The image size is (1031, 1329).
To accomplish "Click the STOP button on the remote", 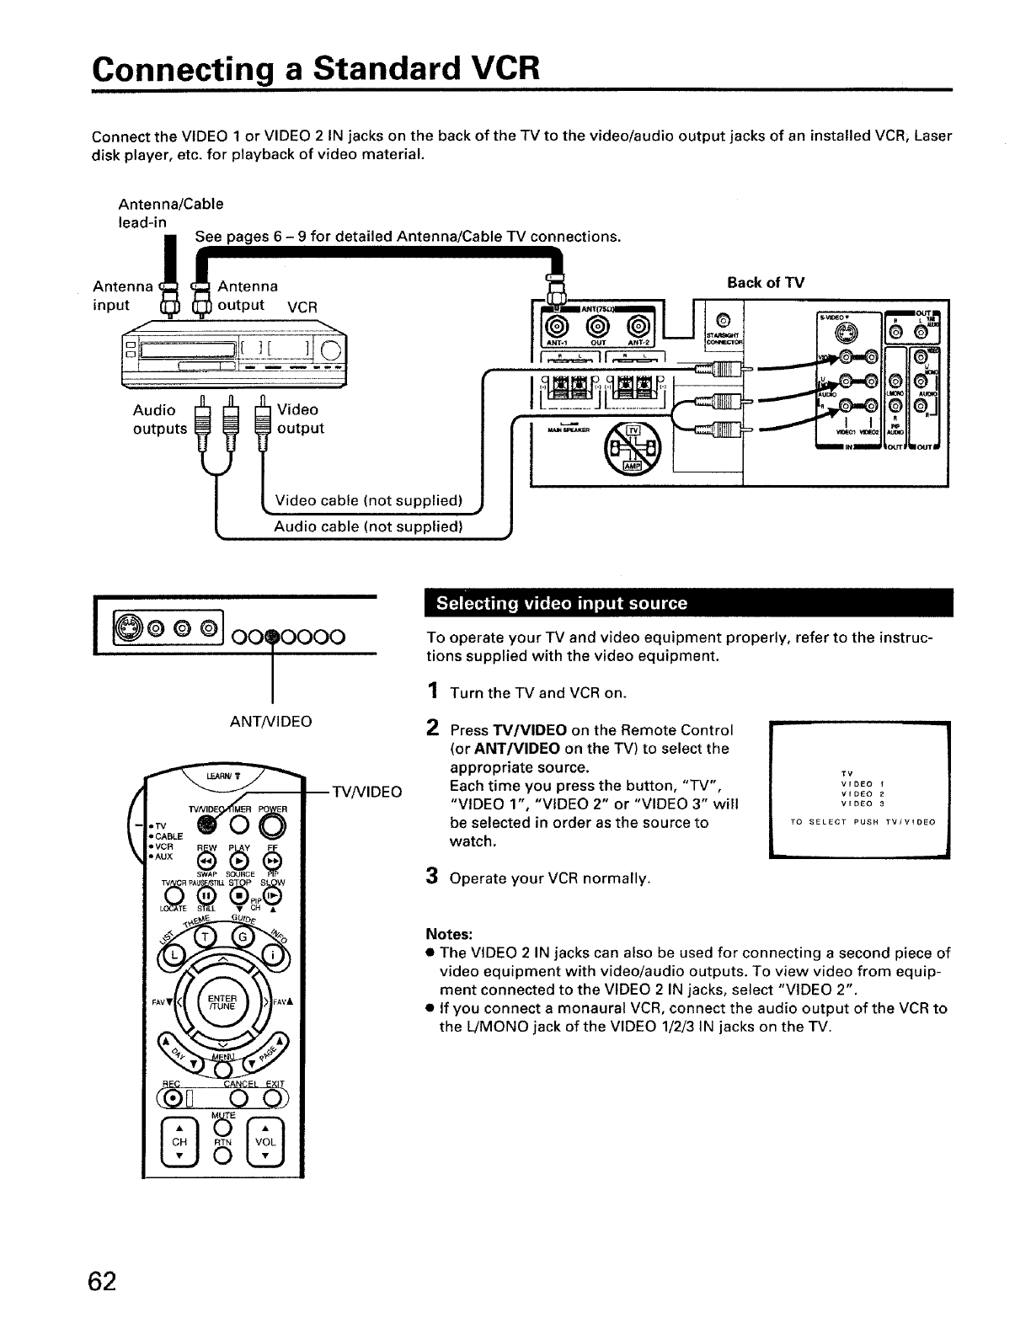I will pos(240,894).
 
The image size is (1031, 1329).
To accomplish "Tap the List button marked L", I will pos(174,954).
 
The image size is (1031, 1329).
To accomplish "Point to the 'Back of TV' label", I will pos(765,282).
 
